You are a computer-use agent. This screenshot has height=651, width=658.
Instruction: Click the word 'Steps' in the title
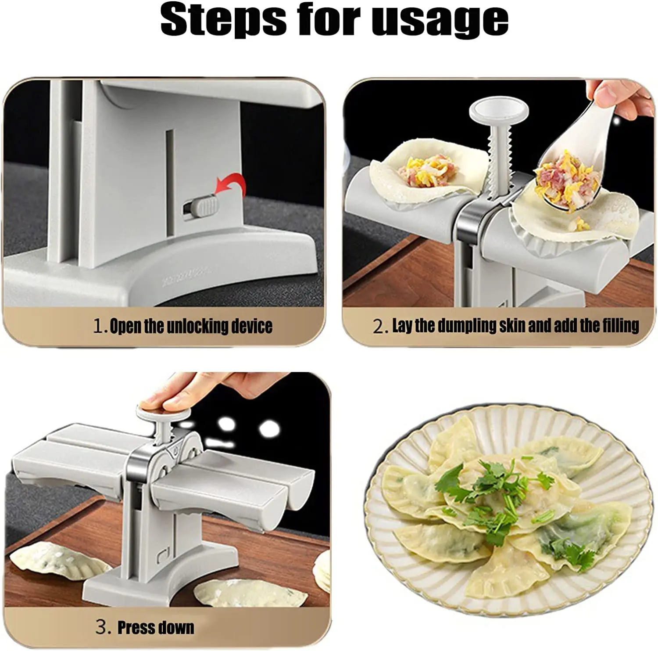click(x=222, y=20)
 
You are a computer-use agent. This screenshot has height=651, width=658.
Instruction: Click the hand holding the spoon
click(x=619, y=99)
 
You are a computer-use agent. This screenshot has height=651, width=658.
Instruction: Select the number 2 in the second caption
click(x=379, y=326)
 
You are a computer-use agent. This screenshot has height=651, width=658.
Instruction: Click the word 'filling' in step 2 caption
click(x=620, y=326)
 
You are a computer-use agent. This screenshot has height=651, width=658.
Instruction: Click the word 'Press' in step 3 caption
click(x=134, y=627)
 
